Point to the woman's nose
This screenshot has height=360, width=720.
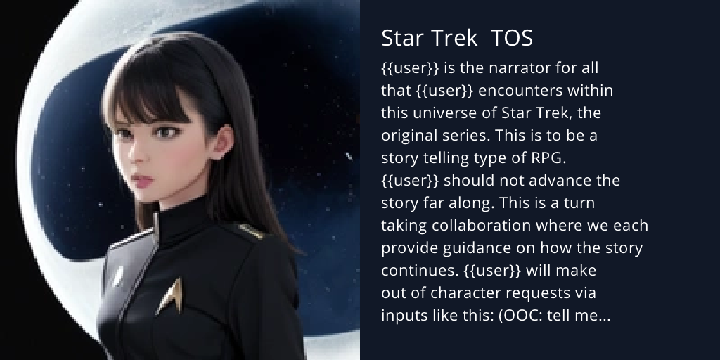tap(139, 158)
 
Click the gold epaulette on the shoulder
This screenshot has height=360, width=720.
tap(248, 229)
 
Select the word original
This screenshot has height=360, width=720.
tap(409, 136)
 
